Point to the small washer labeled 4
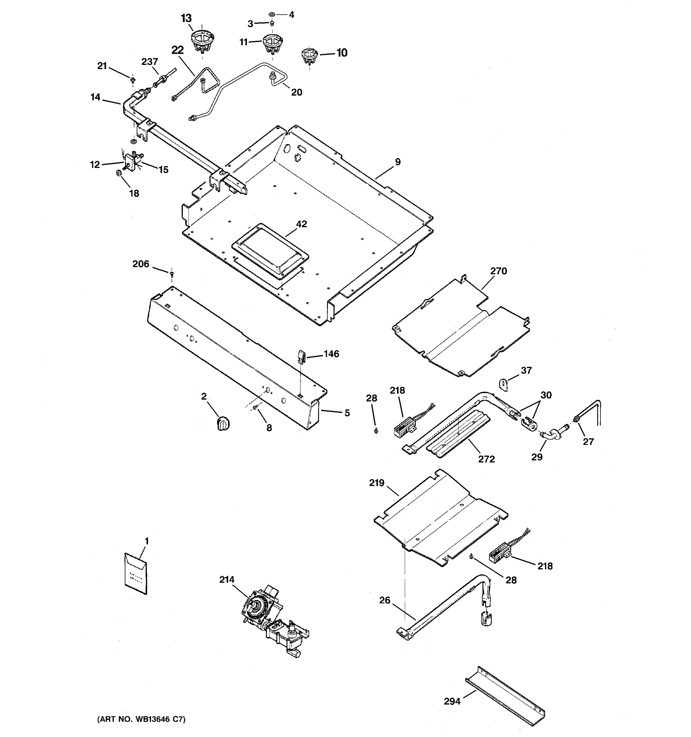[271, 15]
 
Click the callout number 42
[301, 224]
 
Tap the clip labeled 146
[301, 357]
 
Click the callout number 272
[486, 459]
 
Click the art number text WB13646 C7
[141, 719]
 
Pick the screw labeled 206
[172, 274]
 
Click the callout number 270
[498, 271]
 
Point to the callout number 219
[377, 483]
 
